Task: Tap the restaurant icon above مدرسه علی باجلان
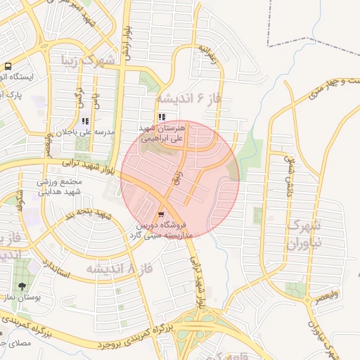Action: (85, 121)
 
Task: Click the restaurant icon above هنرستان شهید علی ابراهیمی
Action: (162, 117)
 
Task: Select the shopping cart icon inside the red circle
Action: (162, 214)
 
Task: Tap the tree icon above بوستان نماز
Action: (22, 286)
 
